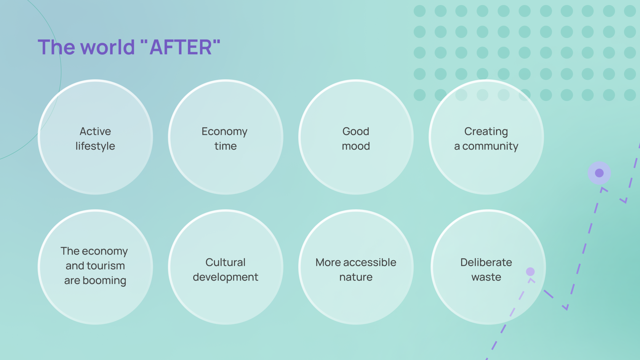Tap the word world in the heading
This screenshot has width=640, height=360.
(x=108, y=47)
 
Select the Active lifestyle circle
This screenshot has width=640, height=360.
(x=95, y=137)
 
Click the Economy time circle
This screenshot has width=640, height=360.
(x=226, y=137)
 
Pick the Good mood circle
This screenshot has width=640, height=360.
(x=356, y=137)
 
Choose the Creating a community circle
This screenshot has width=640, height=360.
(x=486, y=137)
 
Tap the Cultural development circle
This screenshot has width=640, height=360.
(x=226, y=267)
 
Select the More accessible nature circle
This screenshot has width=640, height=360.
(x=356, y=267)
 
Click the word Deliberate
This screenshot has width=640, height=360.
(x=486, y=262)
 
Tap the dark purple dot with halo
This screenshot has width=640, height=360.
(x=599, y=173)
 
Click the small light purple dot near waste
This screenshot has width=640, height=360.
(x=530, y=271)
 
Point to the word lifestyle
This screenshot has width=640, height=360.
(x=95, y=146)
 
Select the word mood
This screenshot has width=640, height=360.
(x=356, y=146)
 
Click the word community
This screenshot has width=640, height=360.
(x=490, y=146)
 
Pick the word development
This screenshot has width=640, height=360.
(x=226, y=277)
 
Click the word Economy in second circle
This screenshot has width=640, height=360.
(x=225, y=131)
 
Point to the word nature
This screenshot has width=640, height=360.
(x=356, y=277)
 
